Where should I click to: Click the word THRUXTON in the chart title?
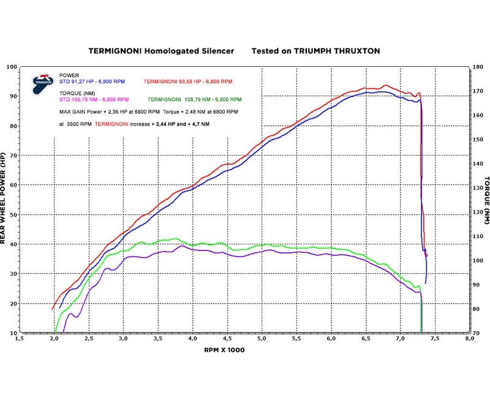pos(356,52)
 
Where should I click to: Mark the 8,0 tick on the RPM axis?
pos(470,339)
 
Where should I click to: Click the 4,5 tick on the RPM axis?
pos(227,339)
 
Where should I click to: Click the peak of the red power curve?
pos(385,85)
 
